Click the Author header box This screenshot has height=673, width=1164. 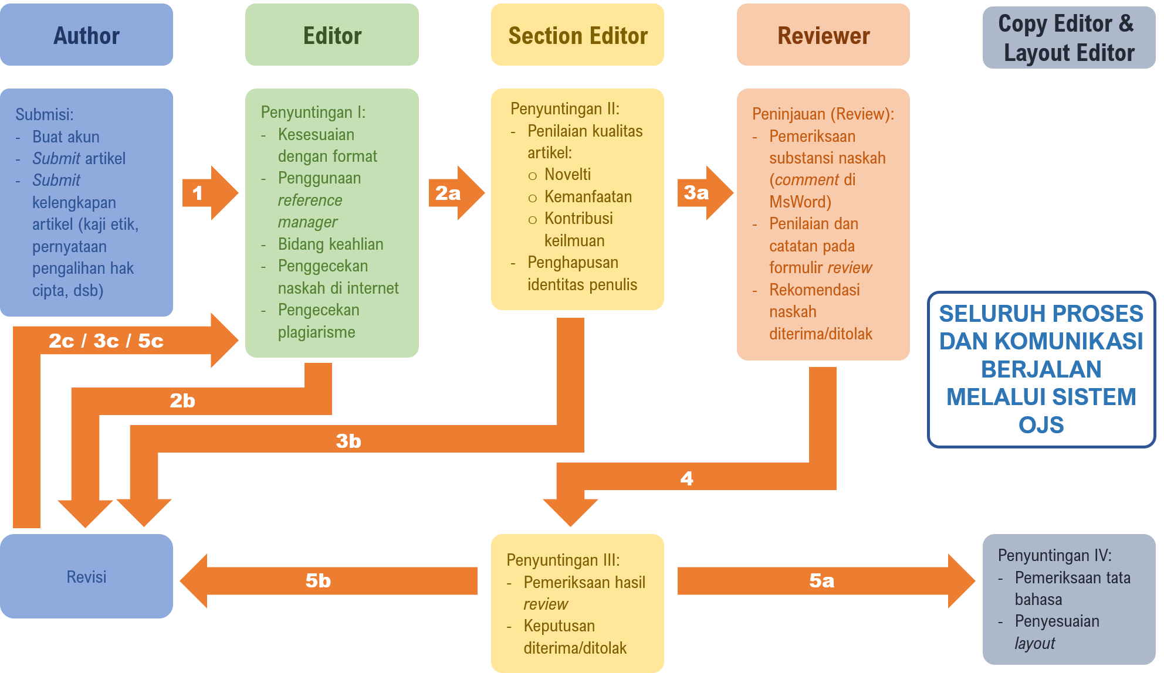[x=86, y=35]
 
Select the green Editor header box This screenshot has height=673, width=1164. [x=332, y=35]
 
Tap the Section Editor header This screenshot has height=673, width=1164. [x=577, y=35]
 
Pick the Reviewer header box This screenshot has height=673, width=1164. [x=823, y=35]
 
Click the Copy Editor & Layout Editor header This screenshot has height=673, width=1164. [x=1068, y=38]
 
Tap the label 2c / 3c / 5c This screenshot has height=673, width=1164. [x=106, y=341]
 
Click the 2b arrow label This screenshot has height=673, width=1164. [x=182, y=401]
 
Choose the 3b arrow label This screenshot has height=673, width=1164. [x=348, y=441]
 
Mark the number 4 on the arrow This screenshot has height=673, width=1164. [x=686, y=478]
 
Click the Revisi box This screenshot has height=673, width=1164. [x=86, y=576]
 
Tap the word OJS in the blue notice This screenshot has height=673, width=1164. [x=1041, y=424]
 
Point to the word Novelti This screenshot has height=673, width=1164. [x=567, y=174]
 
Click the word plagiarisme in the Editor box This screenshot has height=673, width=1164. [x=316, y=332]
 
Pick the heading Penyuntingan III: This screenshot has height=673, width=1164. [x=563, y=560]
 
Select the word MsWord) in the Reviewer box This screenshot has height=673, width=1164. [x=800, y=202]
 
